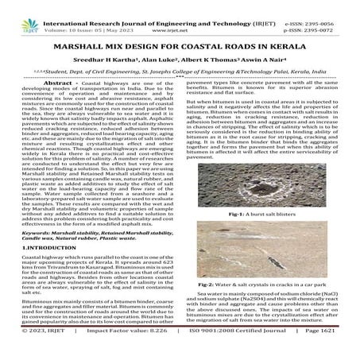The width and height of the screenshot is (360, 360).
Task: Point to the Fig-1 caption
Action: click(267, 215)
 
